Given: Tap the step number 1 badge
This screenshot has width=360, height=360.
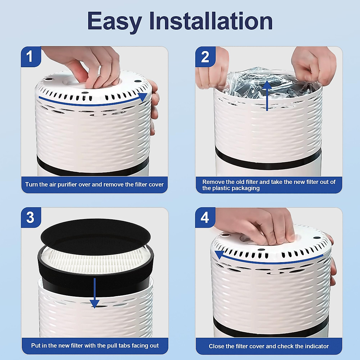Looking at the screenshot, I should click(30, 56).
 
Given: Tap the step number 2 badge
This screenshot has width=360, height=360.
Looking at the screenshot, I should click(205, 57).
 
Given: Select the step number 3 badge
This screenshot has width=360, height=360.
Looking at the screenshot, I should click(30, 217).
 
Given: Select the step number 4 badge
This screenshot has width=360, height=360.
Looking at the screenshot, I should click(205, 217).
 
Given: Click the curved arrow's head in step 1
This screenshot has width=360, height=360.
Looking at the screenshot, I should click(142, 97).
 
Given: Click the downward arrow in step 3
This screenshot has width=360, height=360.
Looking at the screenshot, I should click(94, 294).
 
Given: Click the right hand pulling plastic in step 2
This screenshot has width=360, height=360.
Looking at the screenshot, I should click(313, 66).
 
